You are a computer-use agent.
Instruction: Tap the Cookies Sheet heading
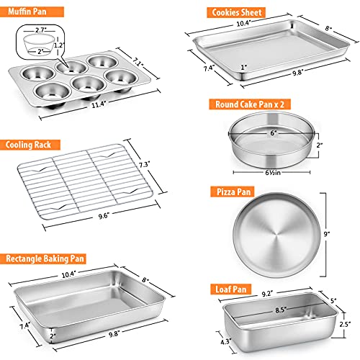click(235, 12)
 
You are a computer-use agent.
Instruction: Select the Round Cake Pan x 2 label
click(249, 104)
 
